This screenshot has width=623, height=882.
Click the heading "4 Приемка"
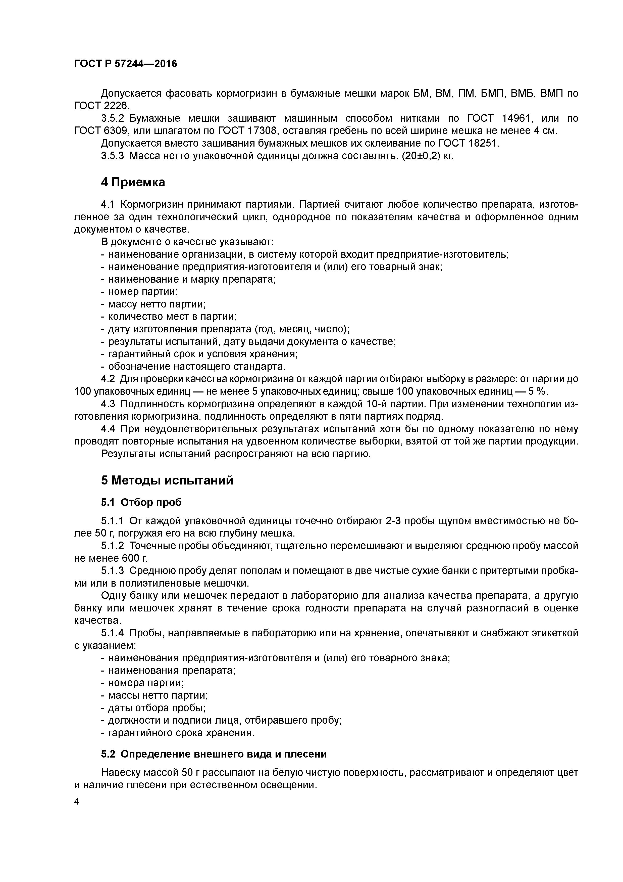tap(133, 182)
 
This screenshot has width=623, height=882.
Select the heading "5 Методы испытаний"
tap(167, 480)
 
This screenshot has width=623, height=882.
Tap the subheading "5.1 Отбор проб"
tap(141, 502)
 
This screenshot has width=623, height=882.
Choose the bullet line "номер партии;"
tap(143, 292)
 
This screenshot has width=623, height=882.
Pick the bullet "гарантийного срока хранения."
tap(181, 733)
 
